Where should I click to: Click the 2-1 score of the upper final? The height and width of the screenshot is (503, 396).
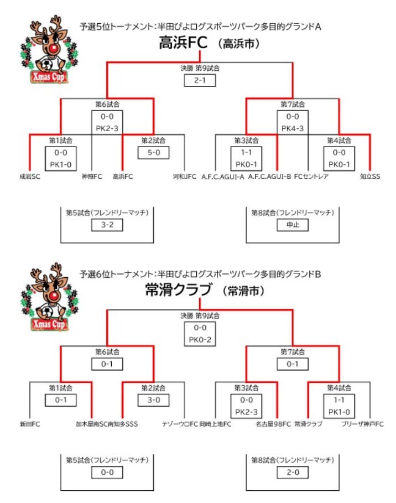coord(199,81)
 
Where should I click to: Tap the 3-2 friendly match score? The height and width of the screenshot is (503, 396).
coord(107,224)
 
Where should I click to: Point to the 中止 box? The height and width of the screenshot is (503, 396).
coord(292,225)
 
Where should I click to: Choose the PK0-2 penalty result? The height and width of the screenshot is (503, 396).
coord(200,339)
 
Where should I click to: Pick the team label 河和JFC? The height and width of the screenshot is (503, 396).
coord(185,177)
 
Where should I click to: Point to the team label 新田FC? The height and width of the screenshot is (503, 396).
coord(29,424)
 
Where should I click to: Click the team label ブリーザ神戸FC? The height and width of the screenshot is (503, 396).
coord(363,424)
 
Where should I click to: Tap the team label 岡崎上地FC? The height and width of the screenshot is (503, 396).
coord(215,424)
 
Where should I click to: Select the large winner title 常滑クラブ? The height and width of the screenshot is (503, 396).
coord(178,290)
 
